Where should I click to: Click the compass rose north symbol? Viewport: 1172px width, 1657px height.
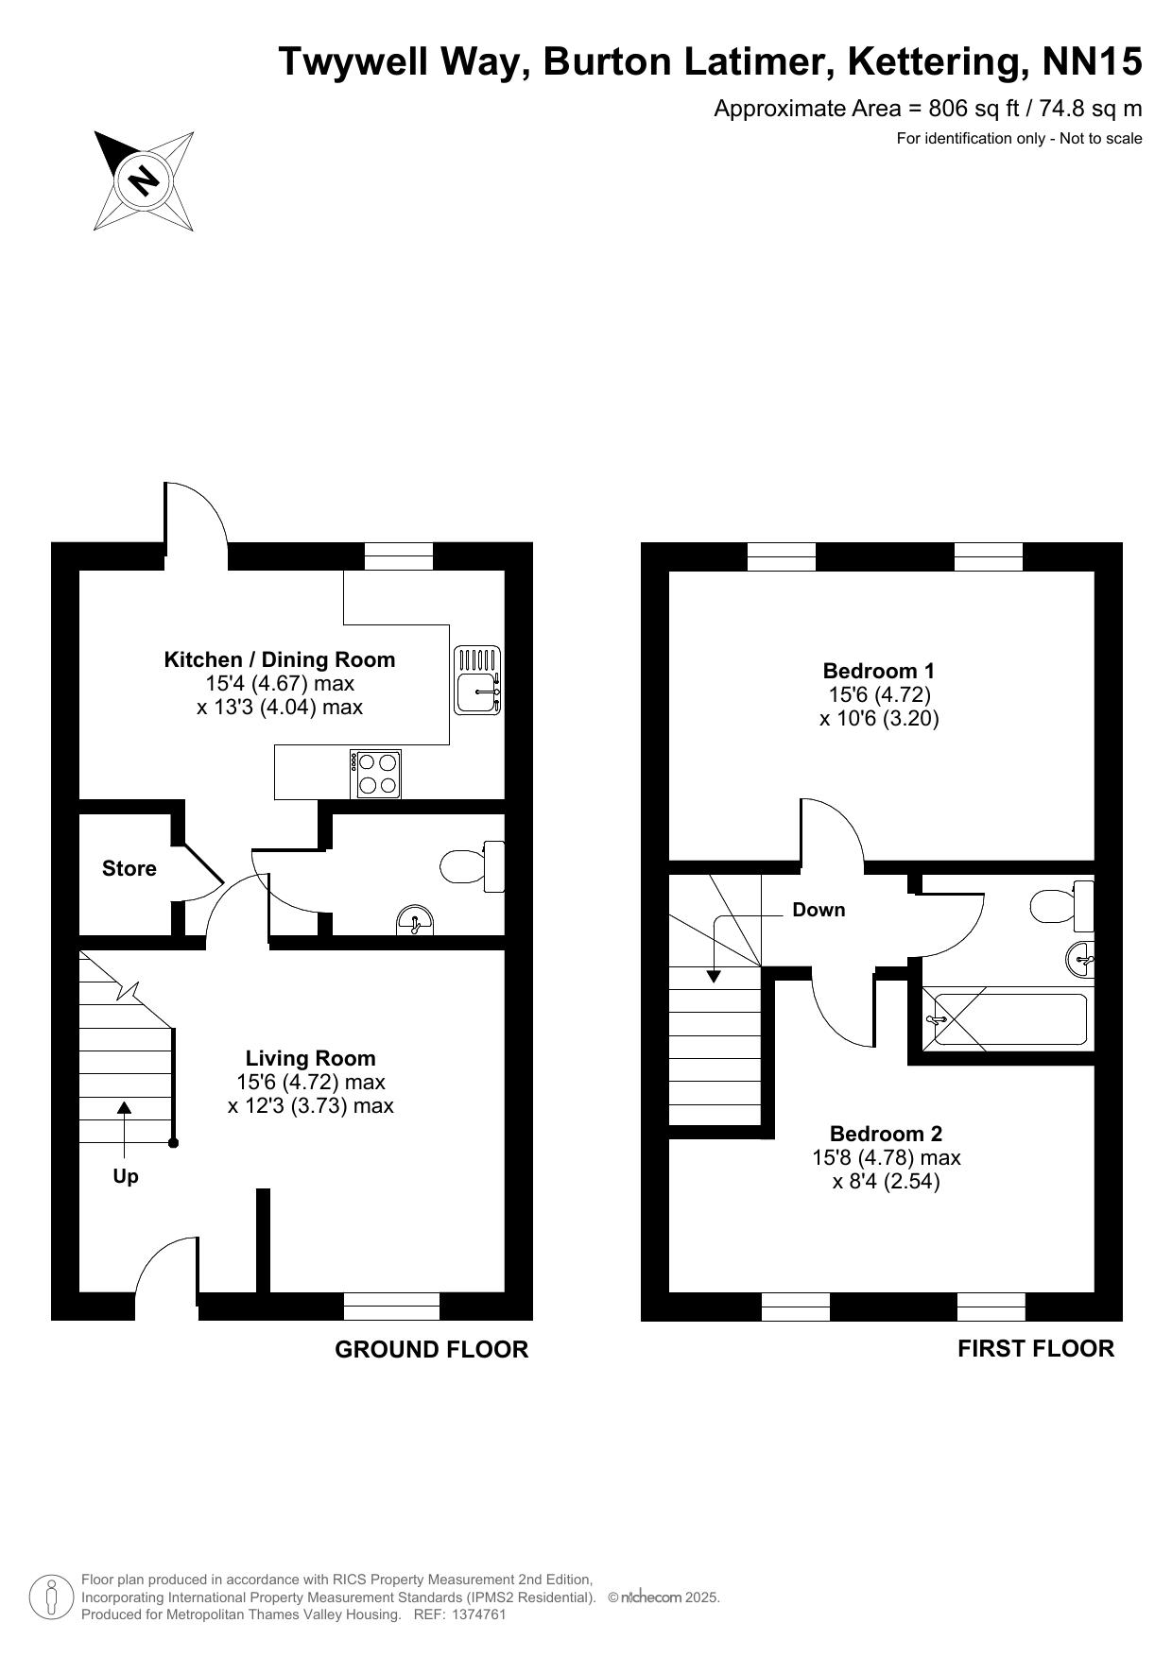[144, 179]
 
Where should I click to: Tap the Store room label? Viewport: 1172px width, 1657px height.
[129, 868]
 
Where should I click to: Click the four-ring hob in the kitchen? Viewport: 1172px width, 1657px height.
[375, 774]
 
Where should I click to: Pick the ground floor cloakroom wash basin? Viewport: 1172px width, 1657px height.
[416, 920]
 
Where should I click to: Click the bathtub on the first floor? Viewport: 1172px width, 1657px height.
[1007, 1019]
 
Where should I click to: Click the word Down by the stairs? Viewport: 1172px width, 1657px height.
[819, 910]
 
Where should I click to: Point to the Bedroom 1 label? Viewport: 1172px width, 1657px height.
[879, 671]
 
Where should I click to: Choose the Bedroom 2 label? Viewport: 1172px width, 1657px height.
[887, 1134]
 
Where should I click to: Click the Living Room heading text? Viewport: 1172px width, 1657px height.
[311, 1058]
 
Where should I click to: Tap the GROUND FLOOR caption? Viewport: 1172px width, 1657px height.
[432, 1350]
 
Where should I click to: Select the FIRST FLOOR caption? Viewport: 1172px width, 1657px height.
[1036, 1349]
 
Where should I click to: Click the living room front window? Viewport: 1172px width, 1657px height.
[392, 1307]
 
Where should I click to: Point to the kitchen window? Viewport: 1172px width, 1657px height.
[399, 556]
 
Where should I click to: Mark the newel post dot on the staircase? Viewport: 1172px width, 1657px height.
[173, 1143]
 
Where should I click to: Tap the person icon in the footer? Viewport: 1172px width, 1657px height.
[52, 1597]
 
